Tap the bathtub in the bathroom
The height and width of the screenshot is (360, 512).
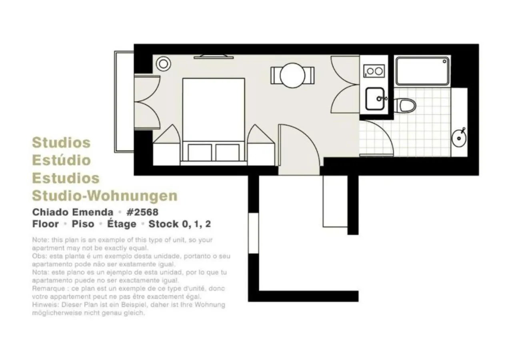[x=422, y=71]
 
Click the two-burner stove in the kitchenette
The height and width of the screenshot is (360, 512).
[x=374, y=71]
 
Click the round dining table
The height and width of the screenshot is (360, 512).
[x=292, y=75]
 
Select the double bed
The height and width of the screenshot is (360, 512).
[x=213, y=116]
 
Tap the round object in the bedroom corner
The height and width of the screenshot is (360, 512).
[x=163, y=64]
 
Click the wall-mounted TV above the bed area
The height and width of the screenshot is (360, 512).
[x=213, y=57]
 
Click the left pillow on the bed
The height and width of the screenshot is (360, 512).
[x=200, y=152]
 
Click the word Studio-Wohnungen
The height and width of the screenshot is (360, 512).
[x=104, y=196]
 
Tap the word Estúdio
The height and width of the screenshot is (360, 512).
[x=61, y=160]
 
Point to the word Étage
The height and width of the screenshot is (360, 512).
[x=122, y=224]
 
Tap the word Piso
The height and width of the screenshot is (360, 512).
[x=82, y=224]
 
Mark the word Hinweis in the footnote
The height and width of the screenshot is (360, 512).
[x=44, y=305]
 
